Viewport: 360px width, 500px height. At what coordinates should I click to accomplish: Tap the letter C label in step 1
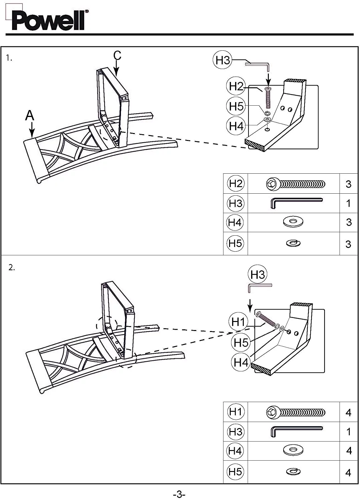[x=117, y=55]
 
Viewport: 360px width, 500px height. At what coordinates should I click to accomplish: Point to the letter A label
[x=30, y=115]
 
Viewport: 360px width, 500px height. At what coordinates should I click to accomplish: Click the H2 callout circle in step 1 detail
[x=236, y=86]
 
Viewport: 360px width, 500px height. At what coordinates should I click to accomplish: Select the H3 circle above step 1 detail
[x=222, y=60]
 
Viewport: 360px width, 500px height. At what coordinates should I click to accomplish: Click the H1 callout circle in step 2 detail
[x=238, y=322]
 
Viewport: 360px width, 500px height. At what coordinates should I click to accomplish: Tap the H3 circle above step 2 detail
[x=257, y=274]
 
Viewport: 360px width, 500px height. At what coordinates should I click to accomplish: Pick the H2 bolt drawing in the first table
[x=296, y=184]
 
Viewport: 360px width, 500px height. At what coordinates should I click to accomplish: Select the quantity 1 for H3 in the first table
[x=348, y=203]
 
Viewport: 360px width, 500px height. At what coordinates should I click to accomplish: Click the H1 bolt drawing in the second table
[x=296, y=412]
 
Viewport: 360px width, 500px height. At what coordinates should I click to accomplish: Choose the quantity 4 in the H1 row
[x=348, y=413]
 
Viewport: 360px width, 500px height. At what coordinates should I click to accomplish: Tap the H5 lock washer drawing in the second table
[x=294, y=471]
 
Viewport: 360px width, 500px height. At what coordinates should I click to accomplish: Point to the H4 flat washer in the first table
[x=293, y=222]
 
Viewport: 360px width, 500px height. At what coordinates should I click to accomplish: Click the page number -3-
[x=179, y=494]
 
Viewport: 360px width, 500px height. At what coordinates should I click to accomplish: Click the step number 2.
[x=12, y=267]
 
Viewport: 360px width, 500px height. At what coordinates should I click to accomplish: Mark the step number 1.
[x=9, y=58]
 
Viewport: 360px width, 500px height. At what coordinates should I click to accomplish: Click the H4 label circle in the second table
[x=235, y=451]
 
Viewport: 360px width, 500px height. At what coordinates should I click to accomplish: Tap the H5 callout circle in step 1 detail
[x=236, y=106]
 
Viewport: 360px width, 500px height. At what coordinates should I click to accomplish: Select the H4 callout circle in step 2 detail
[x=241, y=362]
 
